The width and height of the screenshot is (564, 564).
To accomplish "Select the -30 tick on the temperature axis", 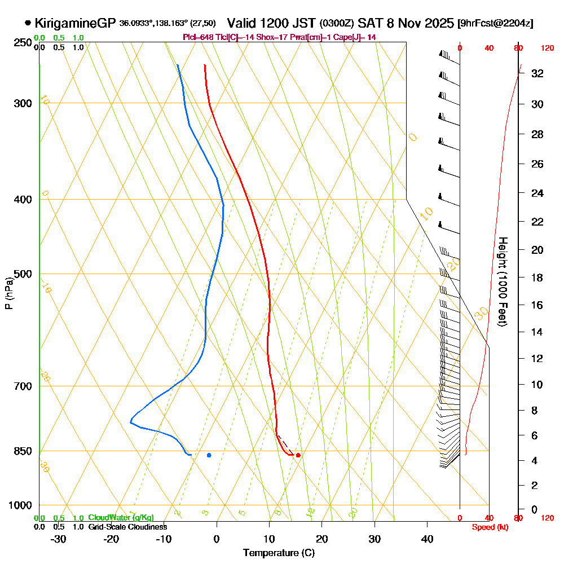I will (x=59, y=539).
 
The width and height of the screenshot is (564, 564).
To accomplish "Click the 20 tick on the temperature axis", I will (x=322, y=539).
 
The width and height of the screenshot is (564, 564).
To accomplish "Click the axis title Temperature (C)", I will (x=279, y=553).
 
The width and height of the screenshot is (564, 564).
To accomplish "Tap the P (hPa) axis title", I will (x=9, y=293).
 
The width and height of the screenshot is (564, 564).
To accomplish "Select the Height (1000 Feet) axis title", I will (x=501, y=281).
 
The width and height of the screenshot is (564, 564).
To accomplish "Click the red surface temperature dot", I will (x=298, y=455).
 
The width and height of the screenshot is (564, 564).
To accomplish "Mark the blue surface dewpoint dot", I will (x=209, y=455).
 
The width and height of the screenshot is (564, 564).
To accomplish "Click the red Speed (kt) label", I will (x=488, y=527).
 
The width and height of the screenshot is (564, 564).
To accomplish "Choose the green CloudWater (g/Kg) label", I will (x=121, y=518).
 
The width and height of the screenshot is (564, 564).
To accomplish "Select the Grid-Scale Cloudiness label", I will (x=127, y=527).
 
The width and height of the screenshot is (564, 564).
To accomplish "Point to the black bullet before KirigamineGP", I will (x=28, y=23).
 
